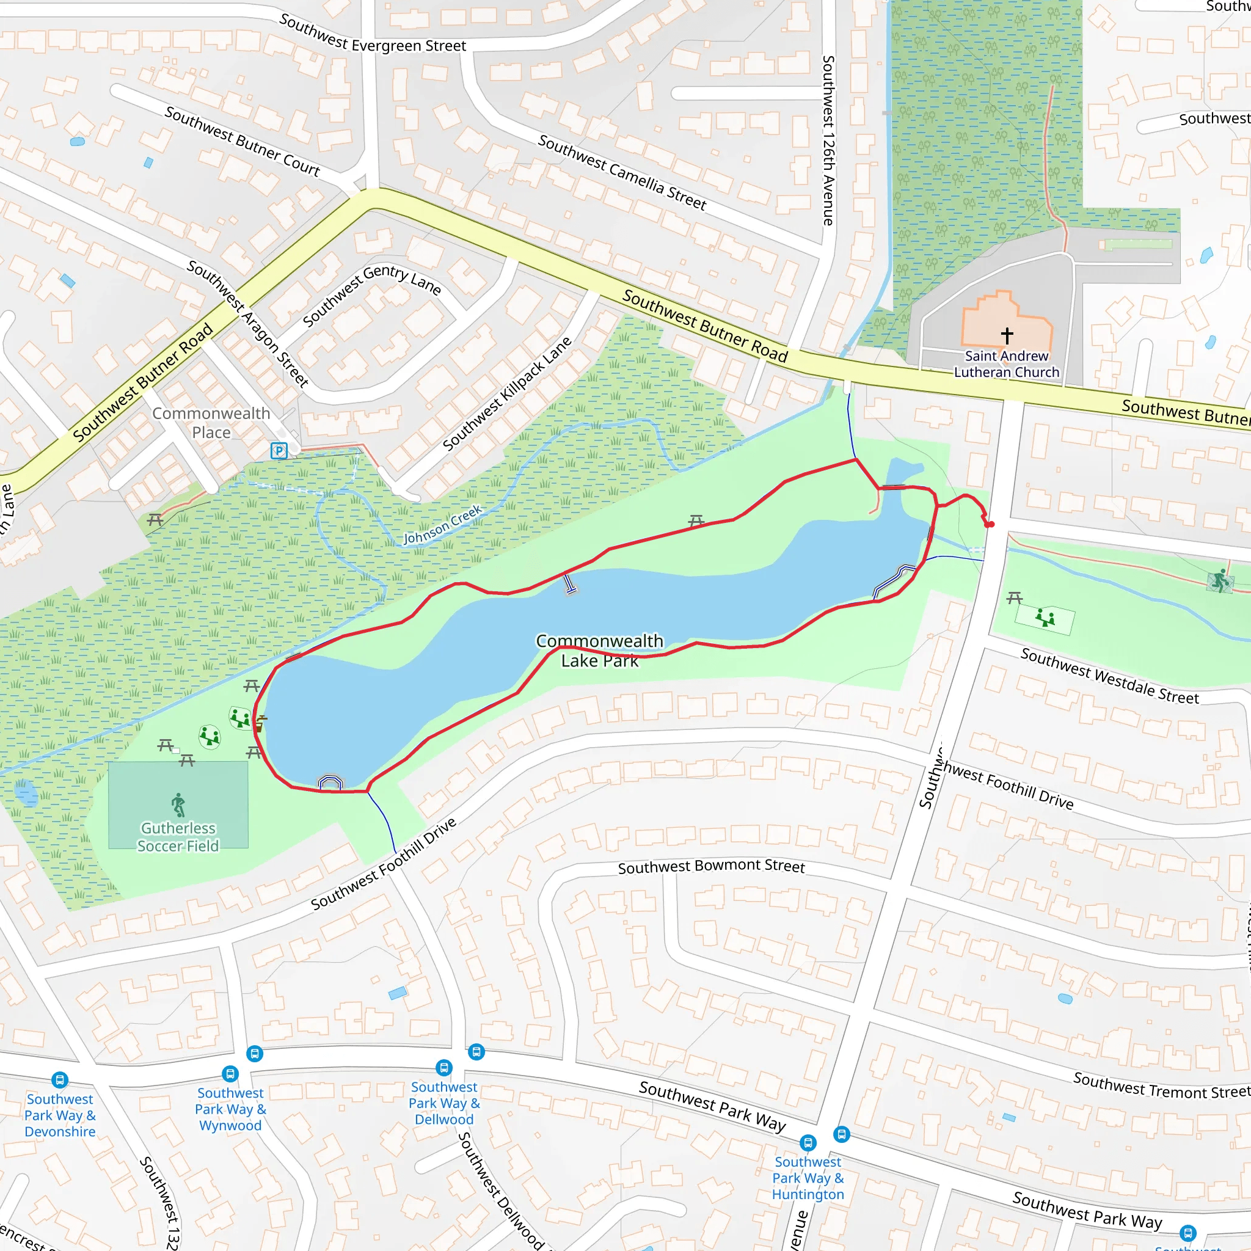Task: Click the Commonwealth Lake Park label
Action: point(600,651)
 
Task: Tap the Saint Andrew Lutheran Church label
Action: point(1006,364)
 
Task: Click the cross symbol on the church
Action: point(1007,335)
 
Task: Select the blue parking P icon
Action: point(279,451)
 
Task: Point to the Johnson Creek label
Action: point(443,525)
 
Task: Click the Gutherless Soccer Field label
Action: point(178,837)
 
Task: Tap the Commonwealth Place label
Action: point(211,422)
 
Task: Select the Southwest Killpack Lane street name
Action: point(507,394)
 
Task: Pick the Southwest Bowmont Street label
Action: point(711,866)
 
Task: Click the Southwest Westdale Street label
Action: point(1109,676)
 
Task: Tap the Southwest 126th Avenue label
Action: point(828,140)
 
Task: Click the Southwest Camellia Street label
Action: point(622,172)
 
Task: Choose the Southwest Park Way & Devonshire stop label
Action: point(60,1115)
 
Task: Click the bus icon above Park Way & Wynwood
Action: point(230,1074)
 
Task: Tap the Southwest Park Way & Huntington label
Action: point(808,1178)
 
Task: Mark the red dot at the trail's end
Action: point(990,524)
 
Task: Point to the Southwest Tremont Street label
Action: point(1161,1085)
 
